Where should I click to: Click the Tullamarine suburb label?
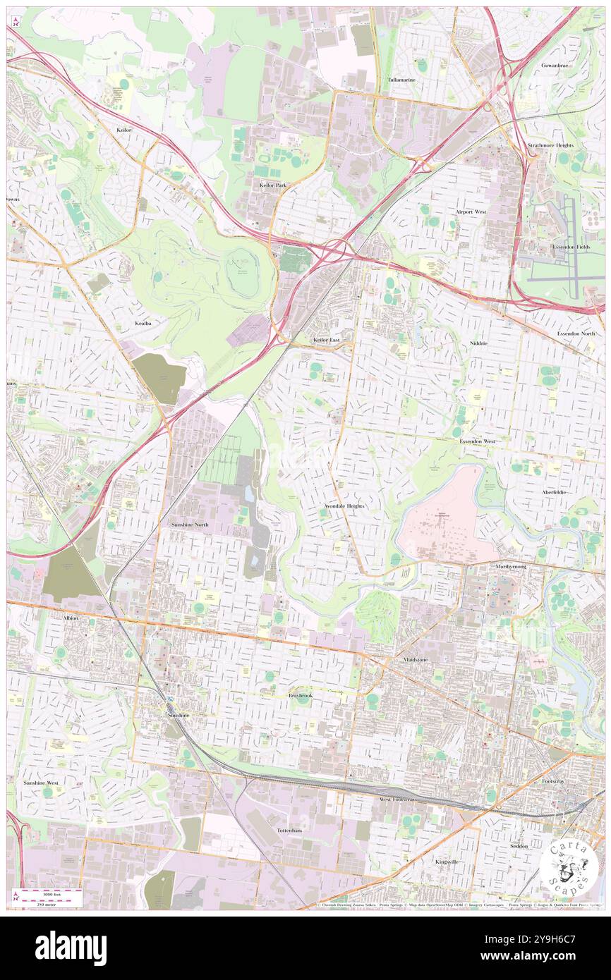coord(401,80)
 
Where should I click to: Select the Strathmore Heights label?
coord(550,145)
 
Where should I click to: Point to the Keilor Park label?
coord(272,185)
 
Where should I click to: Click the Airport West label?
coord(471,212)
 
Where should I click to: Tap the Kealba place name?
coord(143,323)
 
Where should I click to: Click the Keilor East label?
coord(327,340)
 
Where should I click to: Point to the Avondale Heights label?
coord(344,506)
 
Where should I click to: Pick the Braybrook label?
coord(300,695)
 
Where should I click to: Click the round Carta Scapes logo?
coord(569,869)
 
